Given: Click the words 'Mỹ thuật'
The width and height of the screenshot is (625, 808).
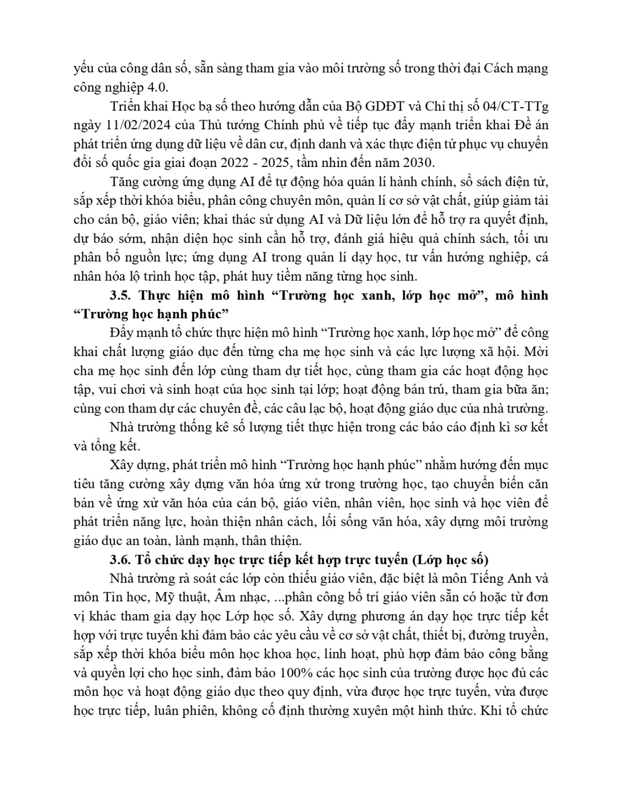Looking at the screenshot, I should coord(178,597).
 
